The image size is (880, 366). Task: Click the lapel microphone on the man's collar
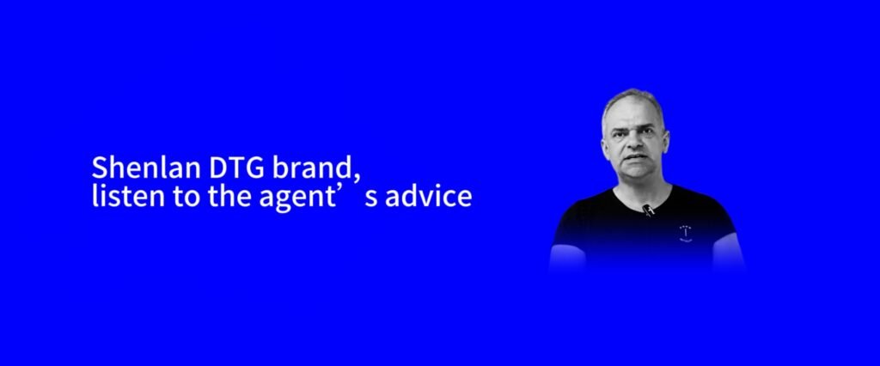[x=648, y=210]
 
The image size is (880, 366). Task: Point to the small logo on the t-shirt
[x=685, y=233]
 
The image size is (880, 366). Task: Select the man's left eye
[x=646, y=132]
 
